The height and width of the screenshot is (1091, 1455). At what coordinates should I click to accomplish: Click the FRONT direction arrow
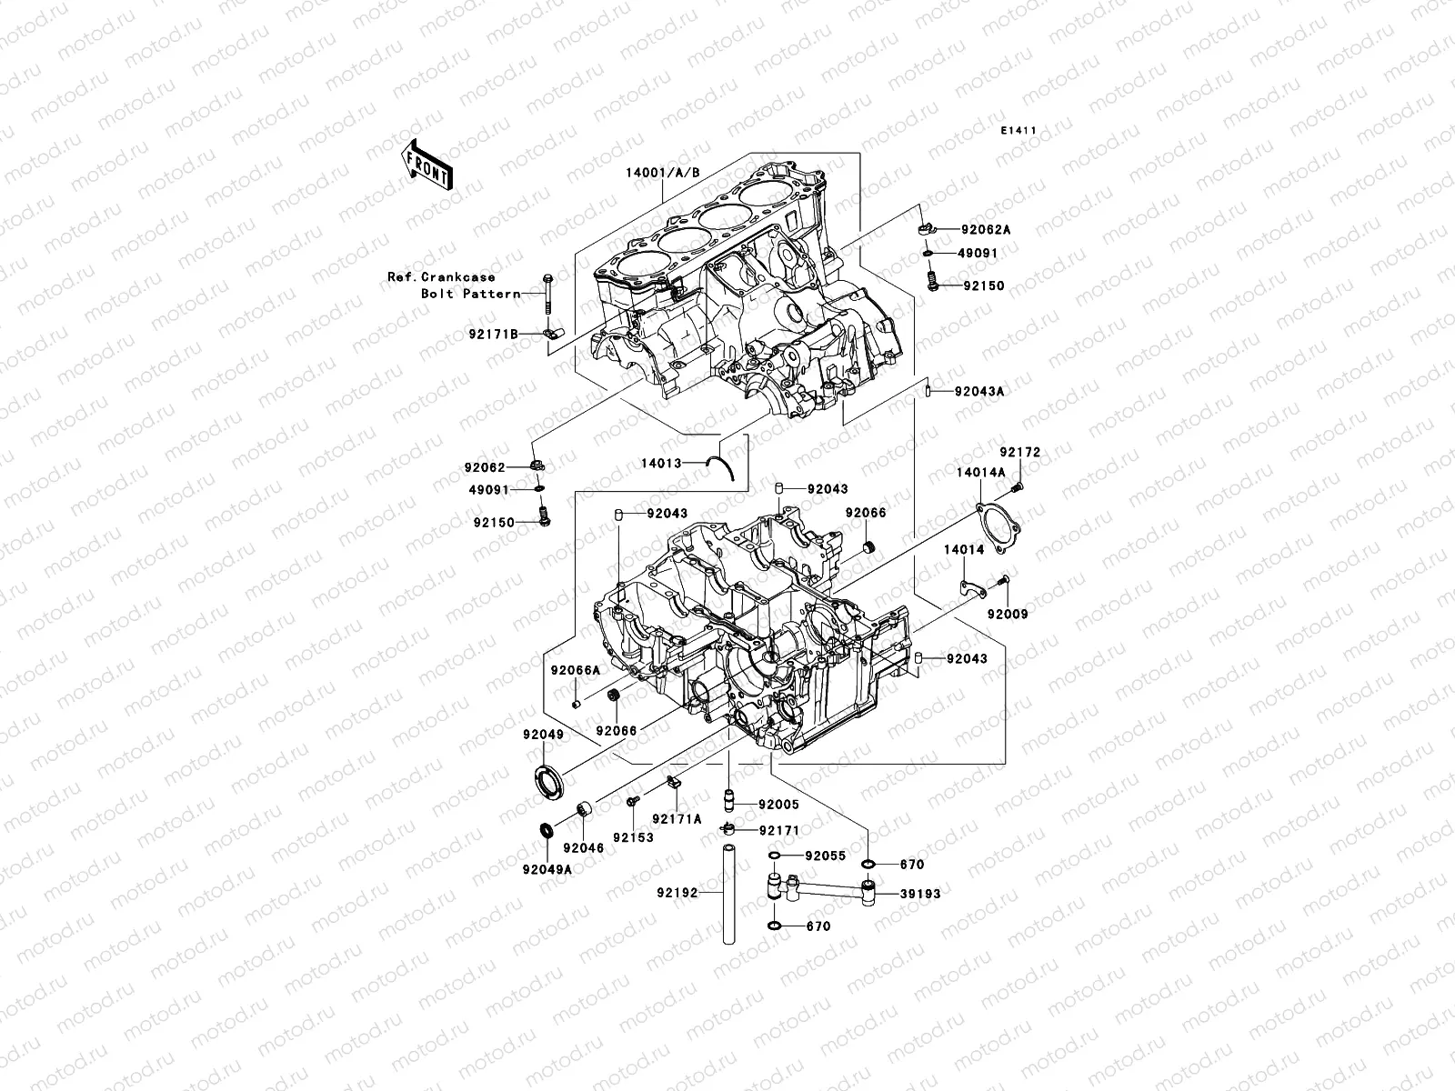[x=440, y=165]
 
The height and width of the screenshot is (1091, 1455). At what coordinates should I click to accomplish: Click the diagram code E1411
[x=1018, y=131]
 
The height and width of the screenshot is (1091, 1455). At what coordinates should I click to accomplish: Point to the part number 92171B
[x=493, y=335]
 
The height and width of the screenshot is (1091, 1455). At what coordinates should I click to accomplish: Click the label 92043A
[x=979, y=392]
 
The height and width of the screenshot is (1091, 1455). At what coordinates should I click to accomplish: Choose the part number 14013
[x=660, y=463]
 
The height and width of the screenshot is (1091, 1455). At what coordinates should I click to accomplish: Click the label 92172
[x=1020, y=452]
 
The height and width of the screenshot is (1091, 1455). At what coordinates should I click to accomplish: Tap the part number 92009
[x=1007, y=615]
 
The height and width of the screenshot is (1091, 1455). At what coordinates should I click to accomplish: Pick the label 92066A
[x=574, y=670]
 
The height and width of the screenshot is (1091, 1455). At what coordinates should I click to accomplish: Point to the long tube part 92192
[x=727, y=896]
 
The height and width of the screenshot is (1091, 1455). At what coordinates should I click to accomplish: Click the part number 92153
[x=632, y=836]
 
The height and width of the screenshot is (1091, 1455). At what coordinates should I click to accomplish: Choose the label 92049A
[x=547, y=868]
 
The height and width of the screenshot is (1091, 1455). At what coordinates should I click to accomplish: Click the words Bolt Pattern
[x=470, y=294]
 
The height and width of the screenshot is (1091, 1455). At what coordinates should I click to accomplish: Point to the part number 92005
[x=778, y=805]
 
